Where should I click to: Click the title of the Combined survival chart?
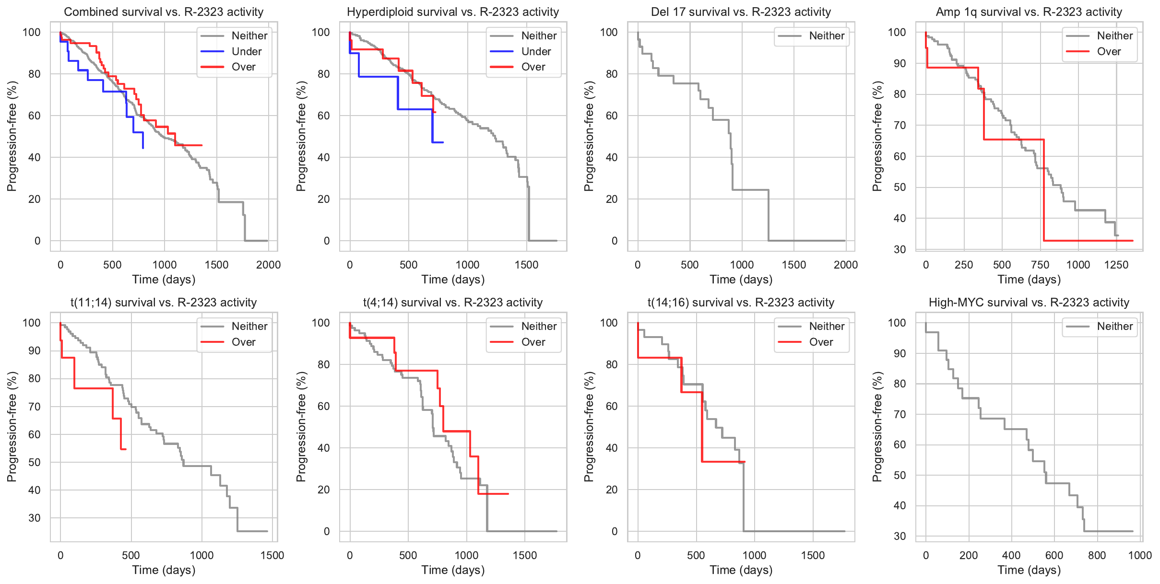(x=164, y=12)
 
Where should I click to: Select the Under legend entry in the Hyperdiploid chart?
(x=535, y=51)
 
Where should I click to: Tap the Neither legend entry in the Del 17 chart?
(x=826, y=36)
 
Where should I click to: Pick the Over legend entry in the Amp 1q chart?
(x=1109, y=51)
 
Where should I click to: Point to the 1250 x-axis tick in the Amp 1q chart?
(x=1116, y=265)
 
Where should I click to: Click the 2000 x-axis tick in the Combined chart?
(x=268, y=265)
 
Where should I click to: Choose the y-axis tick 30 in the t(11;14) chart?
(x=35, y=518)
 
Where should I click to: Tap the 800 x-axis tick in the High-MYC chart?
(x=1097, y=555)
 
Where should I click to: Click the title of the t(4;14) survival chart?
(x=453, y=303)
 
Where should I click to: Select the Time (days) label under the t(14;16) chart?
(x=741, y=570)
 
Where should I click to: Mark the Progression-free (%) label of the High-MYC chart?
(x=877, y=427)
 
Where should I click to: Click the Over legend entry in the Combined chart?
(x=243, y=67)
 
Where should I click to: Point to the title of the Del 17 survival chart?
(x=741, y=12)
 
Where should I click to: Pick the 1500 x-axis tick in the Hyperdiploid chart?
(x=526, y=265)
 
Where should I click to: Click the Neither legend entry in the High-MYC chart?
(x=1114, y=327)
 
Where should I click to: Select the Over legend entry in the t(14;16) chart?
(x=821, y=342)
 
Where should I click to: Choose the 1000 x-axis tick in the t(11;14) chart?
(x=201, y=555)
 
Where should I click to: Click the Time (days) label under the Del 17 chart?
(x=741, y=280)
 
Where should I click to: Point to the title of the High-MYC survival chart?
(x=1029, y=303)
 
